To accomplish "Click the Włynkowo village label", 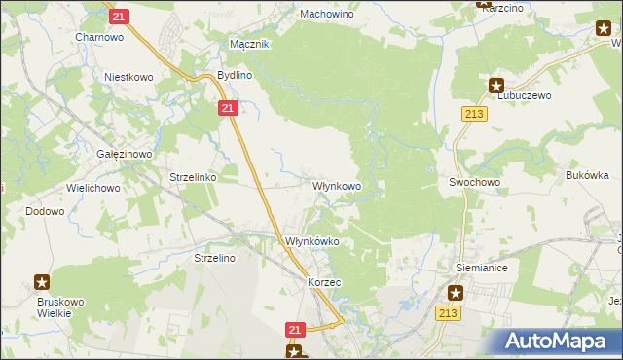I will click(337, 185).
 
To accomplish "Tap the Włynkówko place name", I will click(311, 241).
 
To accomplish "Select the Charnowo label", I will click(99, 37).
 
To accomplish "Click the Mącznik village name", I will click(248, 44).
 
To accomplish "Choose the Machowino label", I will click(326, 15).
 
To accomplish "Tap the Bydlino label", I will click(234, 75).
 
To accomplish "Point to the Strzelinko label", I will click(193, 178).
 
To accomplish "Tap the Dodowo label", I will click(45, 210).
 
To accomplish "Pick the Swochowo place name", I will click(474, 182).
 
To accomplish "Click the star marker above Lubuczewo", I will click(496, 85).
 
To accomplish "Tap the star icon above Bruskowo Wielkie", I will click(43, 282).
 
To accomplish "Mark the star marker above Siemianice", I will click(456, 291).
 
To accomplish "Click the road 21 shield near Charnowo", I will click(118, 17).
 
